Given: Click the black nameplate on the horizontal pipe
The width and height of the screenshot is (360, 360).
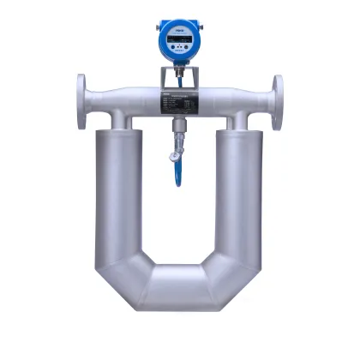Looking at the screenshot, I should tap(179, 102).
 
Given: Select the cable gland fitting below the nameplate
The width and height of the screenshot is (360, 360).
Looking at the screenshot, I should tap(178, 129).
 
